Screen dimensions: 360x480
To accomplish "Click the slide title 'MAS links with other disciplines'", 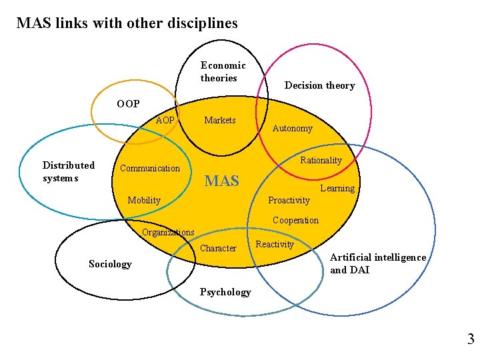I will pos(127,23).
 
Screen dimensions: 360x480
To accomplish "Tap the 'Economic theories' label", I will pos(223,71).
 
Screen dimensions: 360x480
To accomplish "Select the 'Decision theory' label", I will pos(319,85).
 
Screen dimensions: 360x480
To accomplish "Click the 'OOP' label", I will pos(128,104).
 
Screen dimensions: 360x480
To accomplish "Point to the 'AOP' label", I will pos(165,121).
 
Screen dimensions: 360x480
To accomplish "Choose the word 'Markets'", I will pos(220,121).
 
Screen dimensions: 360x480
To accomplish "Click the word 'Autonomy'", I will pos(292,129).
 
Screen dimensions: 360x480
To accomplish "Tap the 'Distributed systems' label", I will pos(68,171).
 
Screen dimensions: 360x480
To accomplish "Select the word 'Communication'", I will pos(150,169).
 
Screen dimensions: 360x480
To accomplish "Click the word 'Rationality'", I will pos(321,161).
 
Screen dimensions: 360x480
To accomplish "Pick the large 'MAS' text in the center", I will pos(221,181).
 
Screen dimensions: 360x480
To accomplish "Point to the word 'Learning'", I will pos(337,189).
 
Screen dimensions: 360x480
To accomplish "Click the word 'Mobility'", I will pos(144,201).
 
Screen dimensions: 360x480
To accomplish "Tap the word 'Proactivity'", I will pos(289,201).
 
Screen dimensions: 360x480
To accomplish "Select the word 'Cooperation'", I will pos(295,221).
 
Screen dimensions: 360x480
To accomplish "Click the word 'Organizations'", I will pos(168,233).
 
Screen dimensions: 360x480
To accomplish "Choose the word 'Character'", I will pos(218,249).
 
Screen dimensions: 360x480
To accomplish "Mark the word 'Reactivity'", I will pos(275,245).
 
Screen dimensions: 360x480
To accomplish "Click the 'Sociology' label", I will pos(110,265).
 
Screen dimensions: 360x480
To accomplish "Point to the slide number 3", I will pos(471,340).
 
